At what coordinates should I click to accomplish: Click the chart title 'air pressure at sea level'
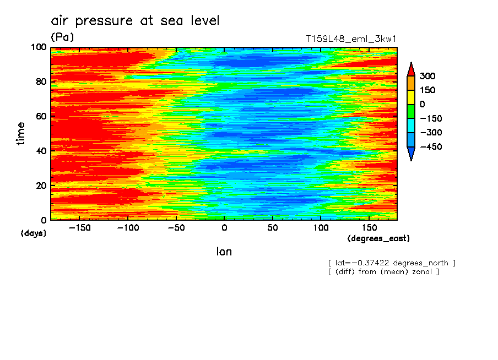tap(135, 21)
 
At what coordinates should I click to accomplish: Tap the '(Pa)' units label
tap(62, 37)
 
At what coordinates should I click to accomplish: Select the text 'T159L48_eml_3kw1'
tap(351, 39)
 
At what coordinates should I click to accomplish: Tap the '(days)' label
tap(34, 233)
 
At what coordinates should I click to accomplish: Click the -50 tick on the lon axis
tap(175, 227)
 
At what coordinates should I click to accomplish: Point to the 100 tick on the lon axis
tap(321, 227)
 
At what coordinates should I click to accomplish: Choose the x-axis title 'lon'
tap(224, 252)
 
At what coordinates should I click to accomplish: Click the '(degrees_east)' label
tap(378, 238)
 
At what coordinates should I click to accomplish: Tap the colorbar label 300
tap(427, 76)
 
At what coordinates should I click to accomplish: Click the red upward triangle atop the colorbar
tap(410, 69)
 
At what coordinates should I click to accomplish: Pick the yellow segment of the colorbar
tap(410, 97)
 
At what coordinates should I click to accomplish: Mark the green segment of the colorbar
tap(410, 111)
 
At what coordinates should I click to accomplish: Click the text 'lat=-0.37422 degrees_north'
tap(392, 263)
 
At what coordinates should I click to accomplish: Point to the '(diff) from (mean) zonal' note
tap(383, 271)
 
